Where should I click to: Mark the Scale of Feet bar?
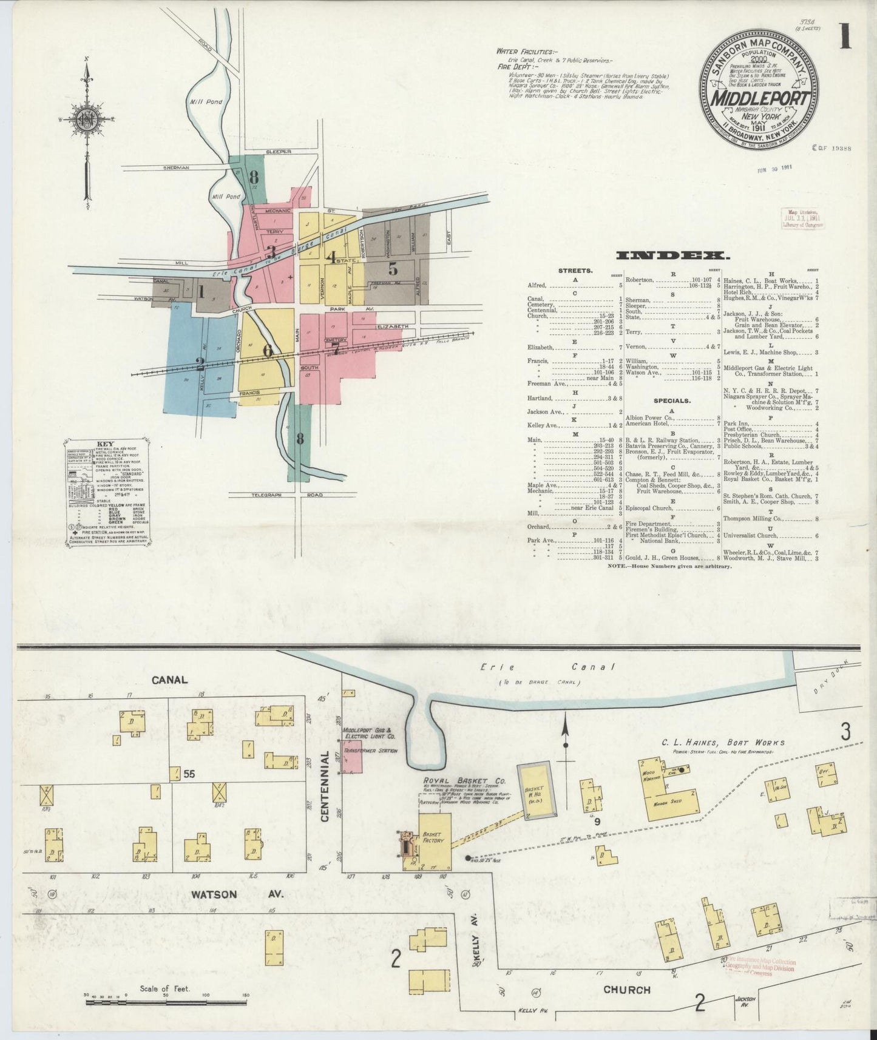pyautogui.click(x=165, y=1002)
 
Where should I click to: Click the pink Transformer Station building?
pyautogui.click(x=353, y=756)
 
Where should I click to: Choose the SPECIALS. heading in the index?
pyautogui.click(x=672, y=400)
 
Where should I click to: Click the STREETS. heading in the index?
pyautogui.click(x=575, y=271)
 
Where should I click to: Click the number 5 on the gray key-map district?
pyautogui.click(x=393, y=268)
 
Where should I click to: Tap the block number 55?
pyautogui.click(x=189, y=774)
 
